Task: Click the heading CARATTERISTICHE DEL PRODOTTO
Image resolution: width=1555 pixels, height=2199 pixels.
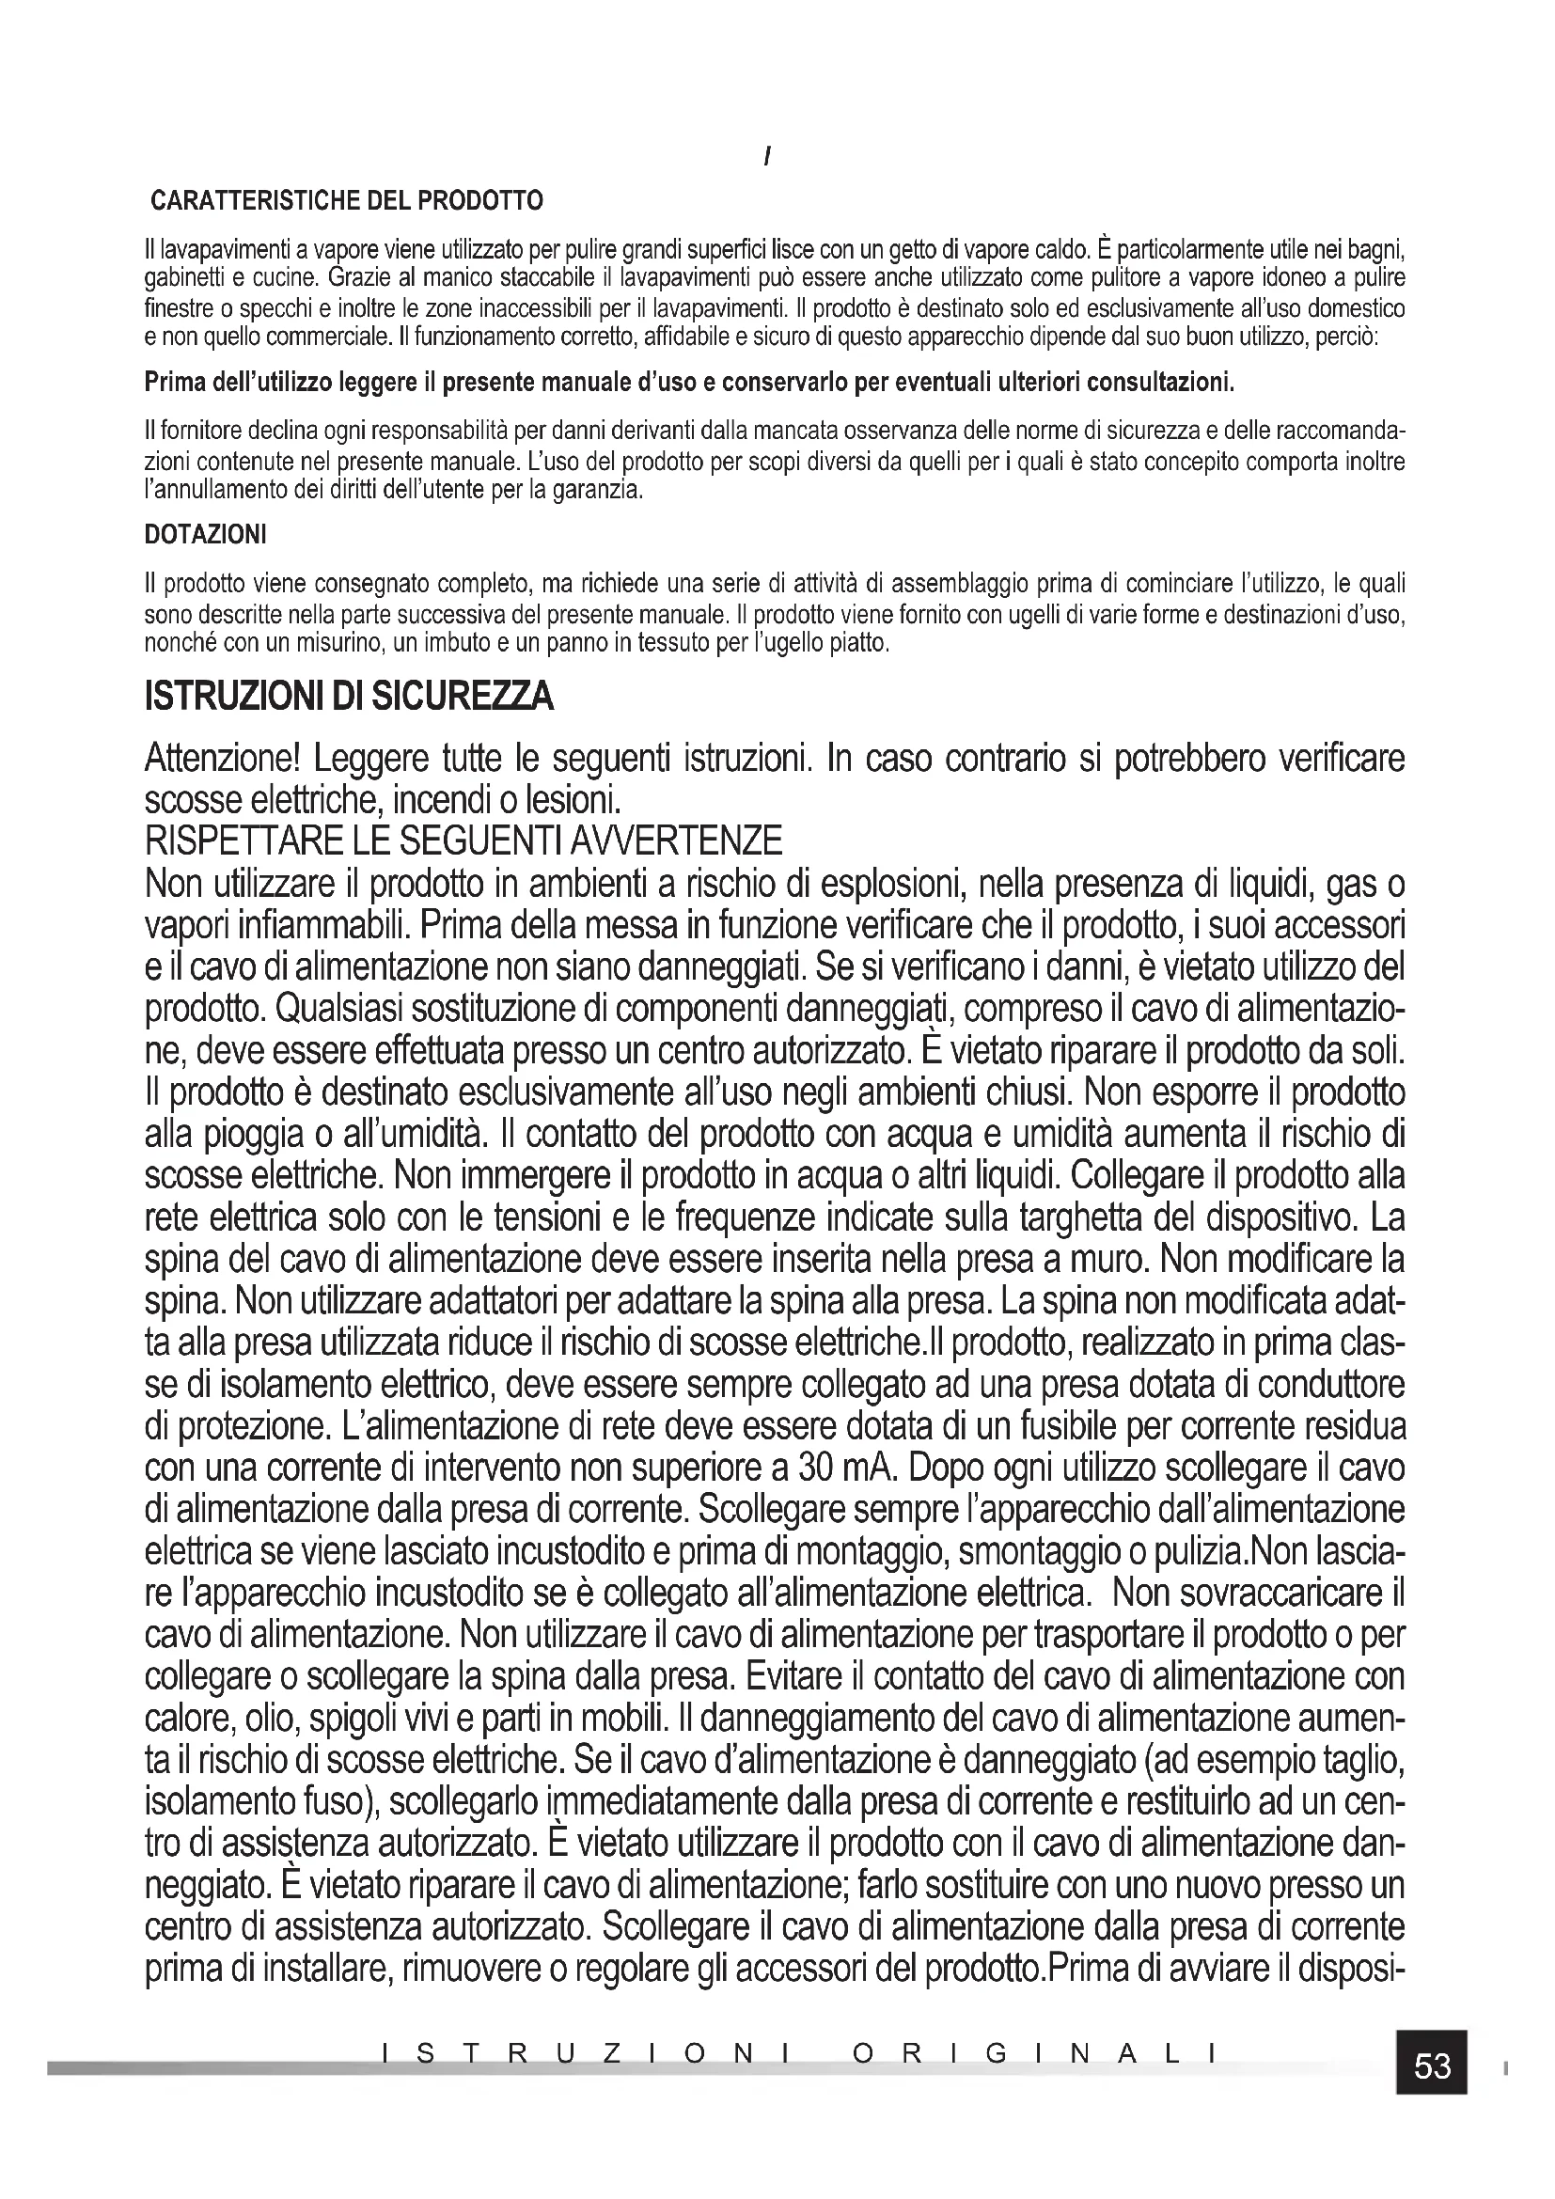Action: (x=347, y=201)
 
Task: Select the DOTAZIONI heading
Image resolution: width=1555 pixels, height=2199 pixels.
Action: (x=205, y=535)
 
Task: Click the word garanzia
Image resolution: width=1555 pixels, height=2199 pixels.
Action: (x=600, y=492)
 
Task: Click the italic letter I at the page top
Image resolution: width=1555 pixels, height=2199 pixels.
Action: (x=768, y=156)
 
